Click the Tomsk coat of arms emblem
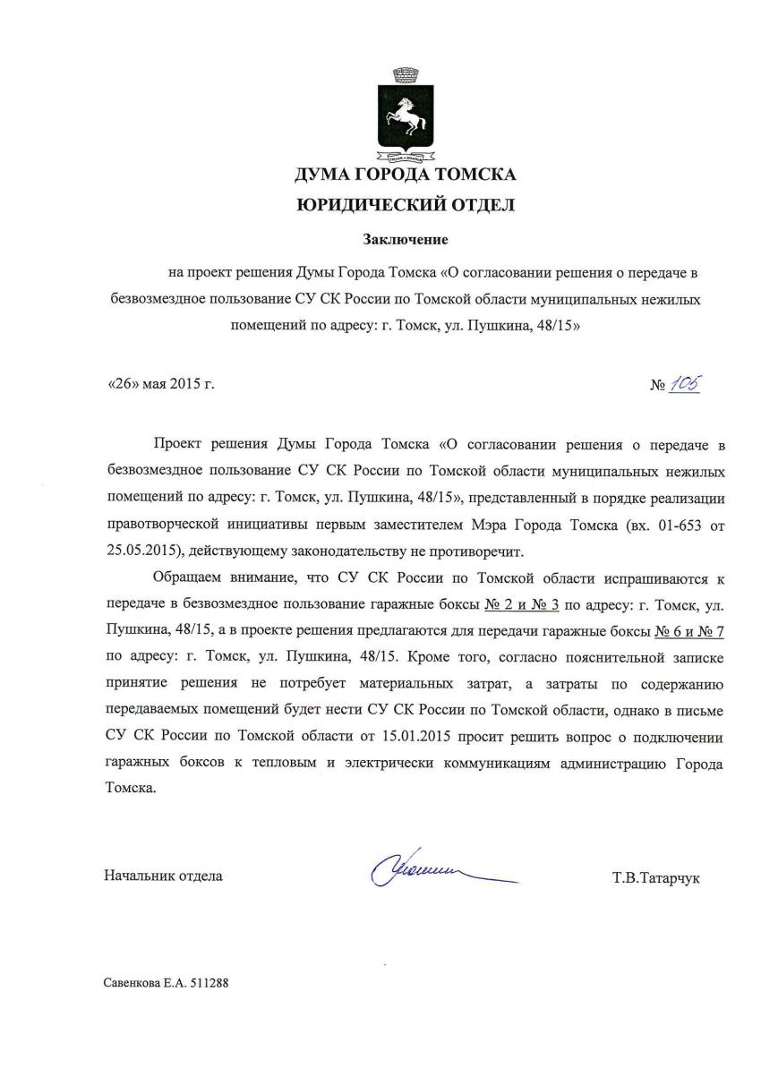tap(406, 115)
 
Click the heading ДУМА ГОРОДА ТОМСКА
tap(406, 174)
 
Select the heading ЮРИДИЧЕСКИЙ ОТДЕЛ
tap(406, 206)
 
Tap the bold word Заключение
tap(405, 239)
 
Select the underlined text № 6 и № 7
tap(688, 630)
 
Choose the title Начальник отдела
tap(164, 876)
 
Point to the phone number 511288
tap(209, 982)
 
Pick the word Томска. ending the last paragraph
tap(130, 789)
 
